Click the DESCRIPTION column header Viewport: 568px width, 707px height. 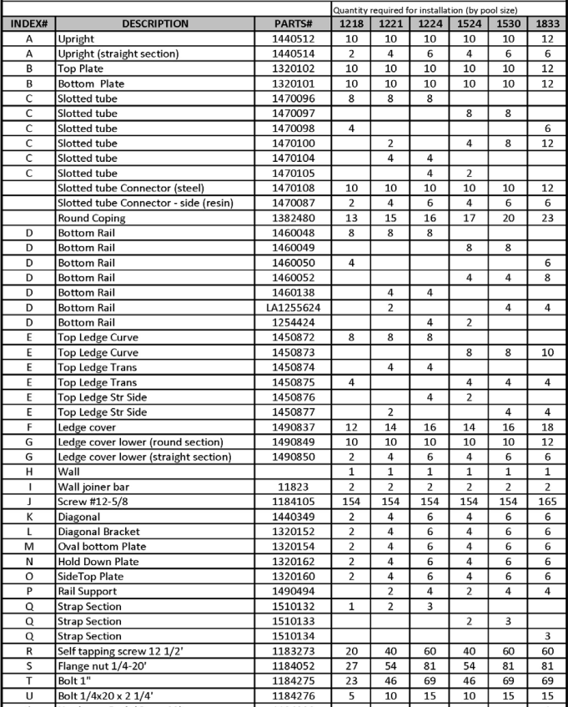point(155,23)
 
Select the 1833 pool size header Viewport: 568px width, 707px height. point(545,23)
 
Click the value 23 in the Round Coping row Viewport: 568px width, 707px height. point(545,218)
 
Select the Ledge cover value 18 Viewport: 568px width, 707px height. point(545,427)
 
